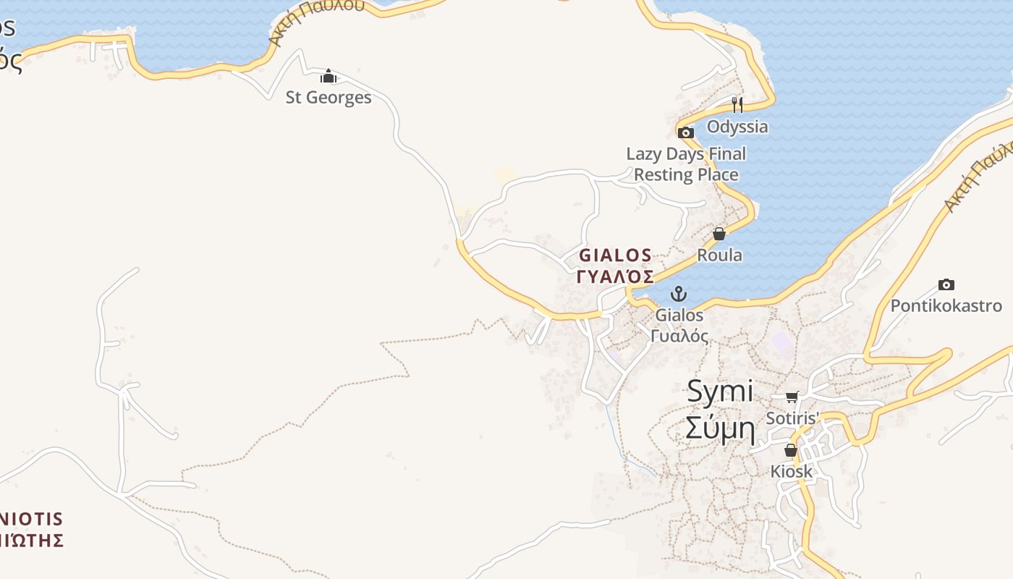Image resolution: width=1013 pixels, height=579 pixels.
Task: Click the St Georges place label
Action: (x=329, y=97)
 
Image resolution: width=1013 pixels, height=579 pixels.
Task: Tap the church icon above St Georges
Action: (x=329, y=76)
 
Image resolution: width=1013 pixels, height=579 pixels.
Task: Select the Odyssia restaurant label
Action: (x=737, y=127)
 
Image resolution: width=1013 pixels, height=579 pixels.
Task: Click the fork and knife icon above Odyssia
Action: (x=737, y=105)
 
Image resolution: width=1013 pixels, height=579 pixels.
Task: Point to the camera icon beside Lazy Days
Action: (x=685, y=132)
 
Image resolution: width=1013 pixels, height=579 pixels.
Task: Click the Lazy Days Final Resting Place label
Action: (x=686, y=164)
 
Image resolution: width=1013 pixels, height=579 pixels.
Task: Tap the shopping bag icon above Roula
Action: (x=719, y=234)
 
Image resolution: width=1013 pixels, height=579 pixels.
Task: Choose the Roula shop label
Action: (x=719, y=255)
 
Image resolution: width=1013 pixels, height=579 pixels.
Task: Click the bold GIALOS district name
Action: (x=615, y=255)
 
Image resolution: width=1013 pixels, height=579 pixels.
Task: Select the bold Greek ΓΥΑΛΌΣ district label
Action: (x=615, y=276)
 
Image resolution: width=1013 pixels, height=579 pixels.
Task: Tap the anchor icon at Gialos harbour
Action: (x=679, y=294)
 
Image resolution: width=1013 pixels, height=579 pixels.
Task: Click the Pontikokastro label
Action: (x=946, y=306)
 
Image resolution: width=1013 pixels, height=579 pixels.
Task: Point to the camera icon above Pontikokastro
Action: (x=946, y=284)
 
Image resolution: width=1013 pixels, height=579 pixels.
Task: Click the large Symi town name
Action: (x=719, y=392)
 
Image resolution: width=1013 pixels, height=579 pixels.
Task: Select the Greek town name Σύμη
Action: (x=719, y=430)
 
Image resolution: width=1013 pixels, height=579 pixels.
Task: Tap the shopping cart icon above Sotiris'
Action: (x=792, y=397)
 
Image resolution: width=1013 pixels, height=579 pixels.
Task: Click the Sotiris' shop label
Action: (x=792, y=418)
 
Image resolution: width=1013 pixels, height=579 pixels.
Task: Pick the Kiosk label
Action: (x=791, y=472)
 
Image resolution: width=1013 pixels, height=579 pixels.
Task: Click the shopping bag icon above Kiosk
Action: (x=791, y=450)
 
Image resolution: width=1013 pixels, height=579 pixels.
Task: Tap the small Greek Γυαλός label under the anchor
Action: (x=679, y=336)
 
